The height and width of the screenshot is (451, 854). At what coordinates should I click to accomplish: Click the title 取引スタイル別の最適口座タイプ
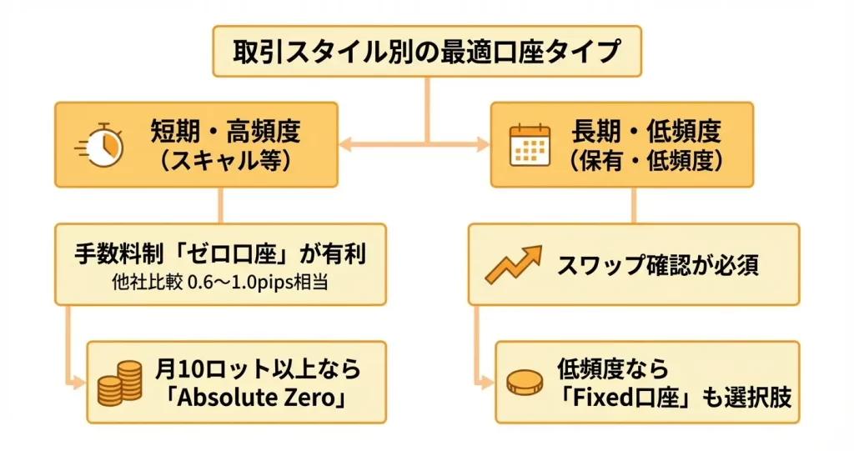click(427, 53)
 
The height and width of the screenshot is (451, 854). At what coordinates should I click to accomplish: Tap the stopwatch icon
click(101, 145)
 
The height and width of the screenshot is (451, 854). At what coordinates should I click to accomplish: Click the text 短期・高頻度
click(225, 131)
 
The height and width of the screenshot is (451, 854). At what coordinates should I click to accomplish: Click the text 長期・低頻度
click(646, 131)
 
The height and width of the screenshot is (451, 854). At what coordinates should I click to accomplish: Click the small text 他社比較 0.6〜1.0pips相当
click(220, 282)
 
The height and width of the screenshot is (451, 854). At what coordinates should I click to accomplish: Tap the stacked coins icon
click(119, 383)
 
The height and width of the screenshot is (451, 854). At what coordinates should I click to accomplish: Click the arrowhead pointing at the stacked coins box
click(80, 383)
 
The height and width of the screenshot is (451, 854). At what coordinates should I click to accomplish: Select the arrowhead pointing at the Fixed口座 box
click(488, 383)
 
